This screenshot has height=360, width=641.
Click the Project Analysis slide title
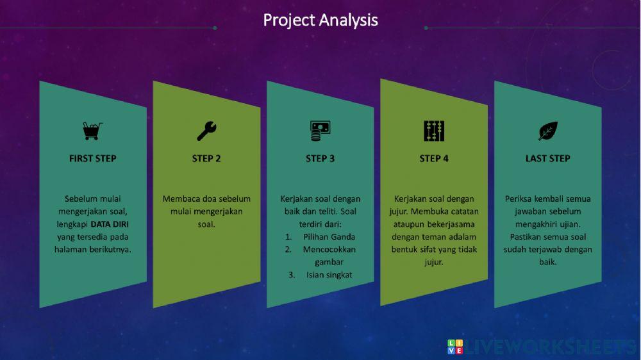[320, 20]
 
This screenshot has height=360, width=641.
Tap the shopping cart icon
[92, 131]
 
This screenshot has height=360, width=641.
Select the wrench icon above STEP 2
[206, 131]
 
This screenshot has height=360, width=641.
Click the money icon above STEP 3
[320, 131]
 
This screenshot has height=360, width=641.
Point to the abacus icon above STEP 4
[434, 131]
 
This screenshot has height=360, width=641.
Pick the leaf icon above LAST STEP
[548, 131]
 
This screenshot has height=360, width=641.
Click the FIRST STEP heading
[93, 159]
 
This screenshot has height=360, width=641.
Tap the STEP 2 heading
[206, 159]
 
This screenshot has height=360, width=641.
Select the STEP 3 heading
[320, 159]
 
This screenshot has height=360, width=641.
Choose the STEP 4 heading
[434, 159]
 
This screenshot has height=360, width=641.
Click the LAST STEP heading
[548, 159]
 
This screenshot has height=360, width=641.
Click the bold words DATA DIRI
[110, 224]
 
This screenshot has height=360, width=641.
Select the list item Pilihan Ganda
[329, 237]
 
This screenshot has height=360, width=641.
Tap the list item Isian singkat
[329, 275]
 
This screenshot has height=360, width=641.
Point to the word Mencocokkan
[329, 250]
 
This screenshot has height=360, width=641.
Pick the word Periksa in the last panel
[517, 199]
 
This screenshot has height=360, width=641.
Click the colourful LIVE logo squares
[455, 347]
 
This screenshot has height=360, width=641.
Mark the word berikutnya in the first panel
[111, 250]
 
